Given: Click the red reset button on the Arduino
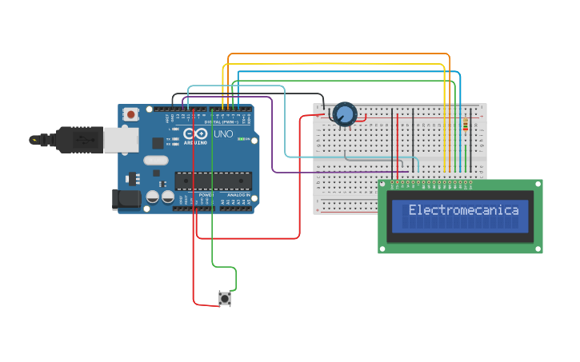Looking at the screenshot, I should tap(130, 114).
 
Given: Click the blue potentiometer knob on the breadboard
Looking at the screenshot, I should tap(345, 114).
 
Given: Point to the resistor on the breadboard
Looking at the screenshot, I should tap(466, 125).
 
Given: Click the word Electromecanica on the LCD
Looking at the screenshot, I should tap(463, 211).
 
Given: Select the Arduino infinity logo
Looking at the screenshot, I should tap(195, 133).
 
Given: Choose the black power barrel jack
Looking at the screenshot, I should tap(125, 198).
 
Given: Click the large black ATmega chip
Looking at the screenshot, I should tap(213, 181).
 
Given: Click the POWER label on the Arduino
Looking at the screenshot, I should tap(206, 195).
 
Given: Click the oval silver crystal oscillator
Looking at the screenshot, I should tap(156, 161).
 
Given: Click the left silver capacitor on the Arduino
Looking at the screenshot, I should tap(152, 197).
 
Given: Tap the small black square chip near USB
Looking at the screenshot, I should tap(158, 143).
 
